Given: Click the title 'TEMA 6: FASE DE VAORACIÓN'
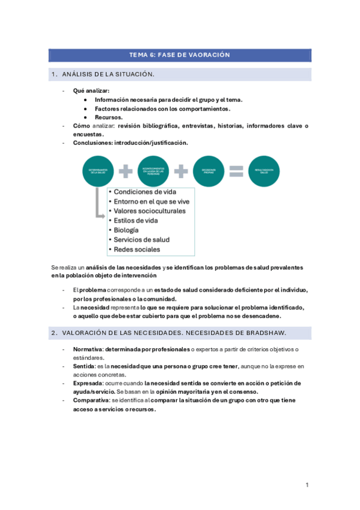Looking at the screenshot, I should (180, 55).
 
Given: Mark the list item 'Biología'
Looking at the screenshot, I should (126, 230).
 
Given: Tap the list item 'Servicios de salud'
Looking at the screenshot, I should (142, 239).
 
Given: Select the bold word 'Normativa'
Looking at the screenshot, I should (87, 349).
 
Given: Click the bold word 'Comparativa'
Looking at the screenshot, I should (91, 400).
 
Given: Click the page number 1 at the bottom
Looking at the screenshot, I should (307, 485).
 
